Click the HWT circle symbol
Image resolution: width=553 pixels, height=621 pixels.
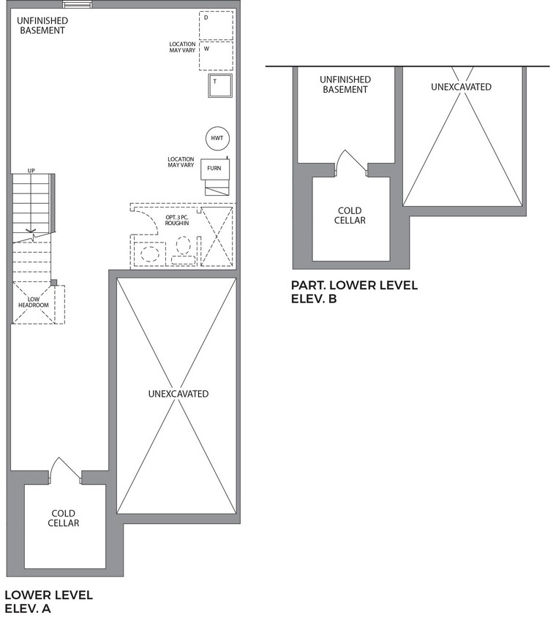point(217,138)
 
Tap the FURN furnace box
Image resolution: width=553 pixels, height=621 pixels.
point(215,169)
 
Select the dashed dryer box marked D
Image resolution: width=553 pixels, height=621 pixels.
point(216,26)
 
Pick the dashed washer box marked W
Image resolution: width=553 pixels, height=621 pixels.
point(216,56)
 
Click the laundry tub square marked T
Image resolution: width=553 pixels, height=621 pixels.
point(220,85)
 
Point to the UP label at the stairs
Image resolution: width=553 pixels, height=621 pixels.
point(31,171)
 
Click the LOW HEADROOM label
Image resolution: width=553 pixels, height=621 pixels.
point(34,302)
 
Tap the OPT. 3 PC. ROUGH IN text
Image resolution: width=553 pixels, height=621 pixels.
point(177,220)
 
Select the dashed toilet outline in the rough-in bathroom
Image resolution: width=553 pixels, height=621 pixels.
point(183,251)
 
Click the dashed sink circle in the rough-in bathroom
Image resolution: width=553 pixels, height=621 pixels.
point(150,254)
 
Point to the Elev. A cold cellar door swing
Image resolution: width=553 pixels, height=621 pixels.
point(64,470)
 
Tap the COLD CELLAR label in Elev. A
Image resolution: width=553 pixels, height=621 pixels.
point(64,518)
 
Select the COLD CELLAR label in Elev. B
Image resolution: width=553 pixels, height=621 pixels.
point(350,216)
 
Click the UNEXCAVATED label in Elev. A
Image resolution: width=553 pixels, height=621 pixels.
point(178,394)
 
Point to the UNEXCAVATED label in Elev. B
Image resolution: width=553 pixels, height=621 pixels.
point(461,87)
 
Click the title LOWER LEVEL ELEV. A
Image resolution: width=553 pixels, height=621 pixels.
point(48,601)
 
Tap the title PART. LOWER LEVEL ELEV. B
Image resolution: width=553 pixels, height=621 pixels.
point(354,292)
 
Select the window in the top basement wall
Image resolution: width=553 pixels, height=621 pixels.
point(78,4)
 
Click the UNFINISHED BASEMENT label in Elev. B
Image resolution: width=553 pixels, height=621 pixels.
point(345,84)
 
